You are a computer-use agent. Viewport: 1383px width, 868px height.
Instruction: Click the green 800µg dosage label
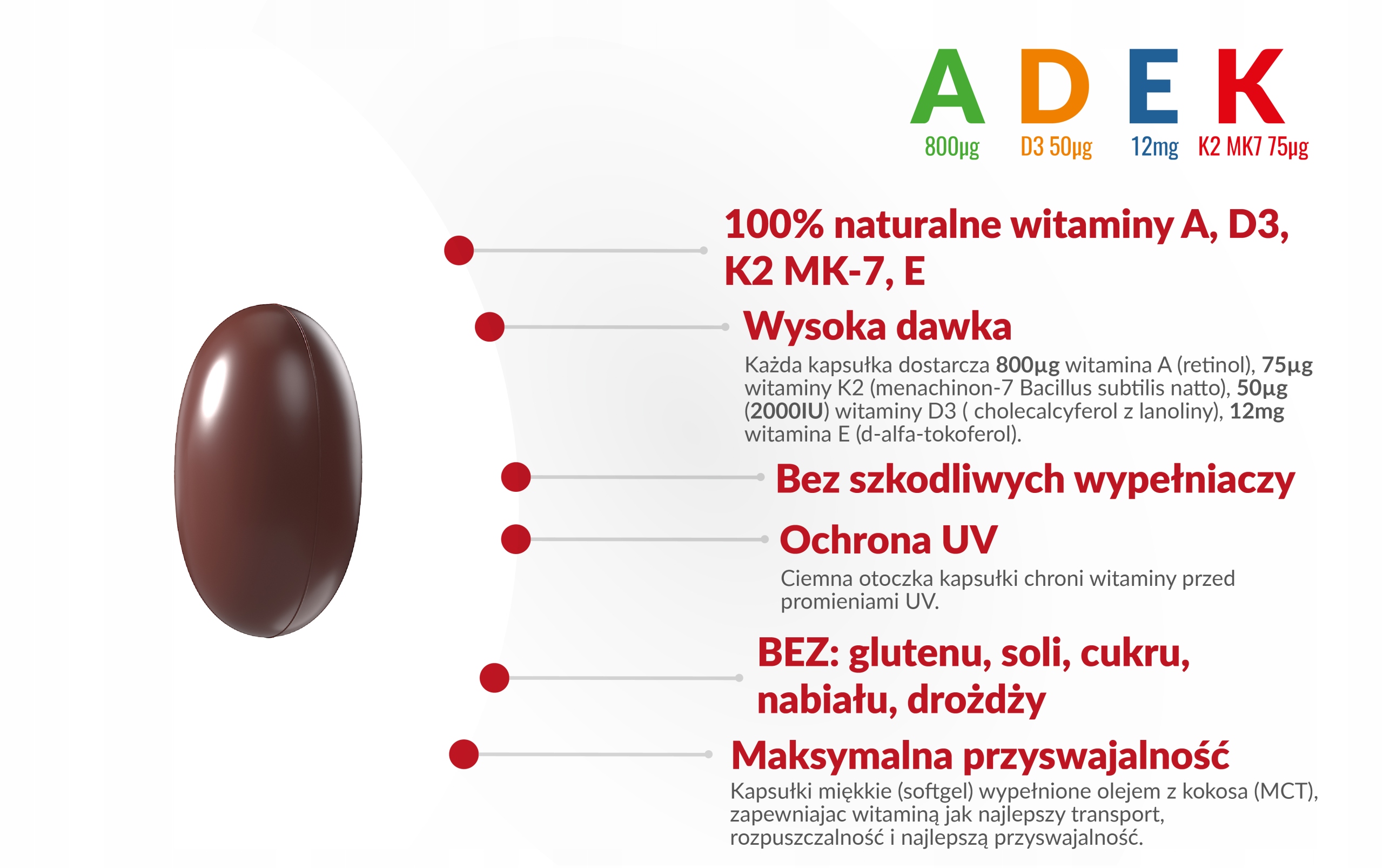[951, 147]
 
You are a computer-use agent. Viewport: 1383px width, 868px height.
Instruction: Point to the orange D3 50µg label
[1056, 147]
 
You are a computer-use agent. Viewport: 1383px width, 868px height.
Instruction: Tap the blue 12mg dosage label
[1154, 147]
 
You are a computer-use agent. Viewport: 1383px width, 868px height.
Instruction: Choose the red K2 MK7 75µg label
[1253, 147]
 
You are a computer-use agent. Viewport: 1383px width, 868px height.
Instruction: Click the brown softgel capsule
[268, 470]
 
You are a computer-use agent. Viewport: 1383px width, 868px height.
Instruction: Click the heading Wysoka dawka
[877, 326]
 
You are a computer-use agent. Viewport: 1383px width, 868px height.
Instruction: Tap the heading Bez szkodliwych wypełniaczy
[1035, 479]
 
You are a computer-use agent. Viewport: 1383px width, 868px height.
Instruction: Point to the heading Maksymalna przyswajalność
[979, 756]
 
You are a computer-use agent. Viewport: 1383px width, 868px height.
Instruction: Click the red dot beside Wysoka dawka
[489, 327]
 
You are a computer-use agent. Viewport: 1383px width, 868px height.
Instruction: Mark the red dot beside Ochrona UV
[516, 539]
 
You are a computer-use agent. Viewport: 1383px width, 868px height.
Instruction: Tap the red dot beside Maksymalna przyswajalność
[464, 755]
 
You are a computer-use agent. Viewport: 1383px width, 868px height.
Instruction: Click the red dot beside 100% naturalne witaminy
[459, 250]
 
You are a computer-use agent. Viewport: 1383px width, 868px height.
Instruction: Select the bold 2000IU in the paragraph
[787, 411]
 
